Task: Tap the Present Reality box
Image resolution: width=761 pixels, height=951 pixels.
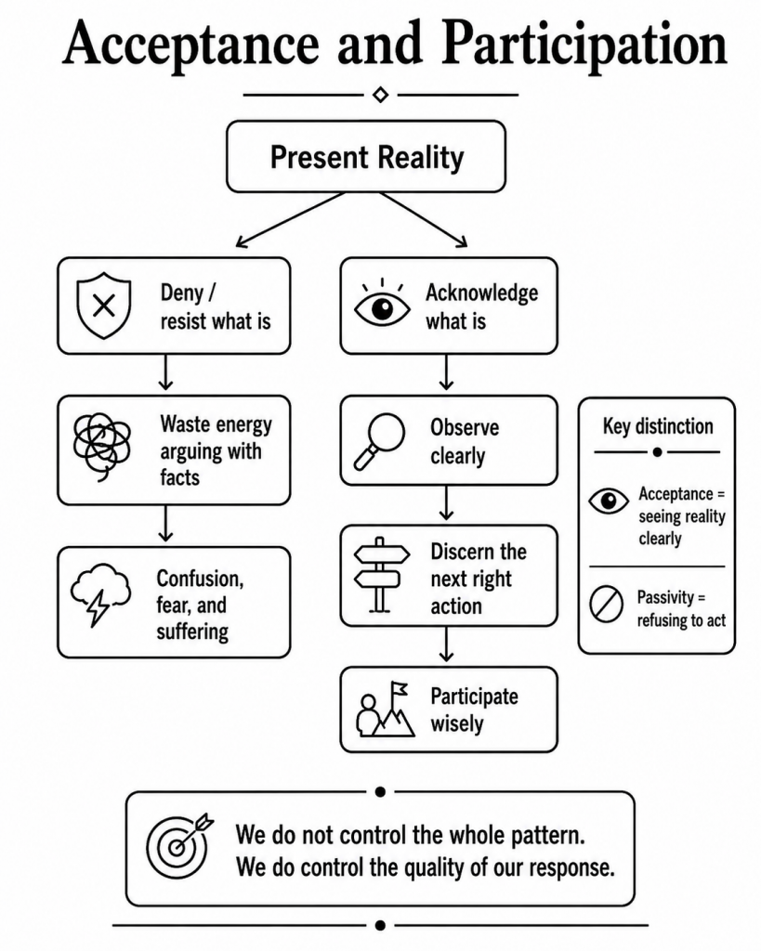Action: [x=366, y=156]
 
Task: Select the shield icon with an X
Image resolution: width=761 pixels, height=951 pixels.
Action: [x=104, y=305]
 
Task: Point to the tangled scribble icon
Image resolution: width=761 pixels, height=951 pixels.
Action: [x=101, y=447]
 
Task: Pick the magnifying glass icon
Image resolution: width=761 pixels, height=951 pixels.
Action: [x=379, y=441]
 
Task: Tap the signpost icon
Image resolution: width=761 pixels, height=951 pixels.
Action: [x=381, y=574]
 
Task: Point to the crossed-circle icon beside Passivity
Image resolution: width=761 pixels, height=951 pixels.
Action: [x=606, y=604]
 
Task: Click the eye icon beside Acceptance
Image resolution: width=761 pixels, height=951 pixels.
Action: [x=609, y=501]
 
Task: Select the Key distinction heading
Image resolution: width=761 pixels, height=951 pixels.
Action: [x=658, y=426]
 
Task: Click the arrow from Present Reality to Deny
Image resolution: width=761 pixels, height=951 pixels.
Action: [x=291, y=219]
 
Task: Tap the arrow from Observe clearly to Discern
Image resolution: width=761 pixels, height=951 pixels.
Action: [x=447, y=502]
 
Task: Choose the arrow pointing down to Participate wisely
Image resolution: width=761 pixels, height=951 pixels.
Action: [x=447, y=645]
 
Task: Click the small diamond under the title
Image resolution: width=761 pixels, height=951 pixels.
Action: [x=381, y=96]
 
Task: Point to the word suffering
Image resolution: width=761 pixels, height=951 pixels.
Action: [x=192, y=632]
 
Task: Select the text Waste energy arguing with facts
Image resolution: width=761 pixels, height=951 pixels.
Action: [x=216, y=450]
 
